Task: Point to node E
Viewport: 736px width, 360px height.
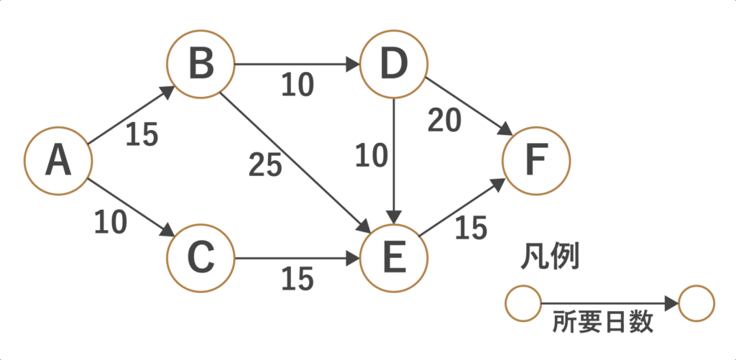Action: point(395,257)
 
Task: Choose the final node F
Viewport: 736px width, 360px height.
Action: point(536,162)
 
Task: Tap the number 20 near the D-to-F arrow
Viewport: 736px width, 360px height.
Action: point(443,121)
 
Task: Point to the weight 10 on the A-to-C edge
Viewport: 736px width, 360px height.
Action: point(110,223)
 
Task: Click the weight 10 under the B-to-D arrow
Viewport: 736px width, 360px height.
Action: point(298,86)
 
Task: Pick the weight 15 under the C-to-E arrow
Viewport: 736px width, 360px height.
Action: point(298,280)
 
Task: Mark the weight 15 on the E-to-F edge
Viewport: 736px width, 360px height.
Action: point(471,229)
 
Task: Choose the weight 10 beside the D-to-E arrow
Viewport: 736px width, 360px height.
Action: point(371,156)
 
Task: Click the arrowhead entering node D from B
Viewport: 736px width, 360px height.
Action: point(354,65)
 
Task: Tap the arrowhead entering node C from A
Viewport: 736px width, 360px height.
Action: point(168,231)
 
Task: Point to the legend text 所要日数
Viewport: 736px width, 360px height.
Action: point(603,323)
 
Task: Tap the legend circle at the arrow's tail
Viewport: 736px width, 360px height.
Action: point(523,304)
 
